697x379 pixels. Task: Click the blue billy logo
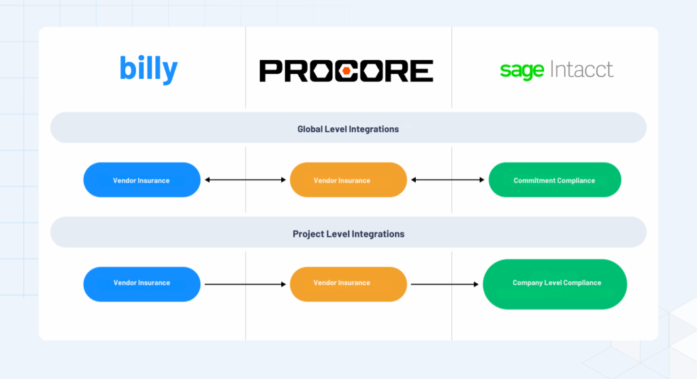[148, 69]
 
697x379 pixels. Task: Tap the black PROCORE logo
[346, 70]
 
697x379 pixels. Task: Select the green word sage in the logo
[521, 71]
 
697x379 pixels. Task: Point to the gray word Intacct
[583, 69]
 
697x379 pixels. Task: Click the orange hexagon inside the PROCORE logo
[346, 70]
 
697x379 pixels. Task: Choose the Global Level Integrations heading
[348, 129]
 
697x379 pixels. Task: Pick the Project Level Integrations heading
[348, 233]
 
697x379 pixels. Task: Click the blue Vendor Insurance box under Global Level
[142, 180]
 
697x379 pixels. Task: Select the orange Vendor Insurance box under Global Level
[348, 180]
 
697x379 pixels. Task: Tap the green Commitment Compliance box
[554, 180]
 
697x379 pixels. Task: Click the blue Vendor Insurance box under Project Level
[142, 283]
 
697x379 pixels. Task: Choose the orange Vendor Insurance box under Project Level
[348, 283]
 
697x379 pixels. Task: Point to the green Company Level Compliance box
[555, 283]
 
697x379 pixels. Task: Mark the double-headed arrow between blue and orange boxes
[245, 180]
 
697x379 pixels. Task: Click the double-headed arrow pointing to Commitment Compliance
[447, 180]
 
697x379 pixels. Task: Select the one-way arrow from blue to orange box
[245, 284]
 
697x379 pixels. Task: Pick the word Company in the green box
[528, 283]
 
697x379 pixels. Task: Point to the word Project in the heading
[307, 233]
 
